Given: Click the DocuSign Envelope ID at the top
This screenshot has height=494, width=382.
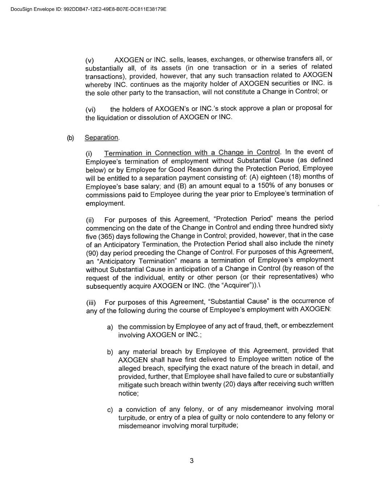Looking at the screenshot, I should [x=88, y=9].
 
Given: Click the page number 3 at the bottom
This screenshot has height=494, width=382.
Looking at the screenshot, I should [x=192, y=461].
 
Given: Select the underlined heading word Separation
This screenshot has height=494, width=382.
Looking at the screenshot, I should [x=101, y=138].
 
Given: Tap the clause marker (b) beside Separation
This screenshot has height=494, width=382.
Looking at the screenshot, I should [x=70, y=138].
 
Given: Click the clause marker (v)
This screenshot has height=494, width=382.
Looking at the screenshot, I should [x=89, y=60].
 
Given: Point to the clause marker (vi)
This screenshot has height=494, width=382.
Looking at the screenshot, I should [x=91, y=109].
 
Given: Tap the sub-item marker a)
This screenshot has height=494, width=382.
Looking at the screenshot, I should [x=110, y=327].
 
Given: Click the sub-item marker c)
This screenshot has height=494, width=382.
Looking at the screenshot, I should [x=110, y=410].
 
